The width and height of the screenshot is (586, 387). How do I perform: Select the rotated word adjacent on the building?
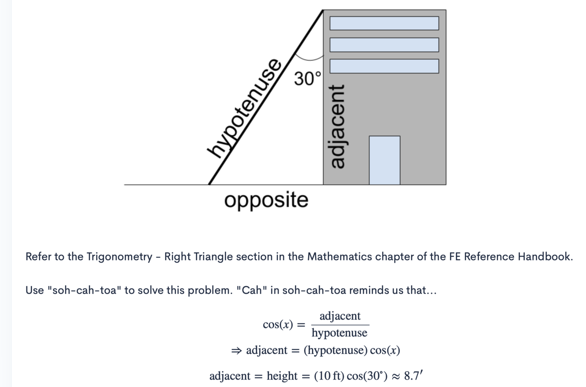pos(337,127)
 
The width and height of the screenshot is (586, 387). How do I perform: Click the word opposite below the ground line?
pos(266,200)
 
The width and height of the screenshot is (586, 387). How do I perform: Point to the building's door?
pos(384,160)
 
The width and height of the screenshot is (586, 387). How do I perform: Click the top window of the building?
pos(384,23)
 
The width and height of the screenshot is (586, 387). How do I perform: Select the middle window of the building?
pos(384,45)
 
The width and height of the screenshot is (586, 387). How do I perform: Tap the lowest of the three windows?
pos(384,66)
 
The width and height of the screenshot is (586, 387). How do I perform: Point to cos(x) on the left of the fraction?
pos(278,325)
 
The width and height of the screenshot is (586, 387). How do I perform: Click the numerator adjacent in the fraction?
pos(340,316)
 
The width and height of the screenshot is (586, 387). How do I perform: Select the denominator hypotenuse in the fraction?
pos(340,333)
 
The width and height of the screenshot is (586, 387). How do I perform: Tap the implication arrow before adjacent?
pos(237,351)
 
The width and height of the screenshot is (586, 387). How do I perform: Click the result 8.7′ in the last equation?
pos(413,376)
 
